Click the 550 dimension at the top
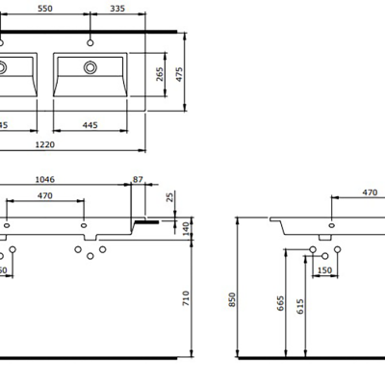(44, 8)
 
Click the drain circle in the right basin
(90, 67)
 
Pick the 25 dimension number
(169, 198)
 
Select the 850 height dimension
(230, 300)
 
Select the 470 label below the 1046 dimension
(44, 195)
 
